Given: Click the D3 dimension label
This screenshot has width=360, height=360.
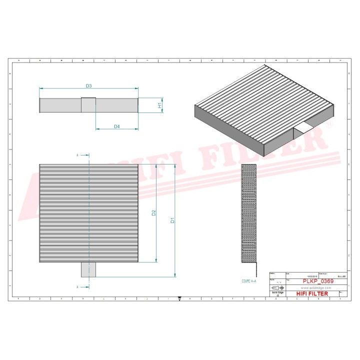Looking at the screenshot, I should click(88, 86).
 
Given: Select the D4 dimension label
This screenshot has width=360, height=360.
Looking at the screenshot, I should click(116, 126).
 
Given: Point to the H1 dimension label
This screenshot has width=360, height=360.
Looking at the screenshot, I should click(159, 105).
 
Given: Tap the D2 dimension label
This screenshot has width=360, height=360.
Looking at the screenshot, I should click(154, 212).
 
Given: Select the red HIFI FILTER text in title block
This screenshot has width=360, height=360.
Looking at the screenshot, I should click(312, 293).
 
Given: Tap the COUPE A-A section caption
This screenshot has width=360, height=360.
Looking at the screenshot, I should click(248, 282).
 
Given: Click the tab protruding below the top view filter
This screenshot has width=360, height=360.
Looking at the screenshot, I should click(88, 269).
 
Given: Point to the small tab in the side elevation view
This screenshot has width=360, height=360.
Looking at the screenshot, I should click(88, 105).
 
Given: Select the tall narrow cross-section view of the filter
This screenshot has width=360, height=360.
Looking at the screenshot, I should click(248, 213).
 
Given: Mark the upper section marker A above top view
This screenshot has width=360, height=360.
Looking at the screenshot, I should click(77, 155).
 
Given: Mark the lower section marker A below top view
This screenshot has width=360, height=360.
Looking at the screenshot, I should click(77, 287).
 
